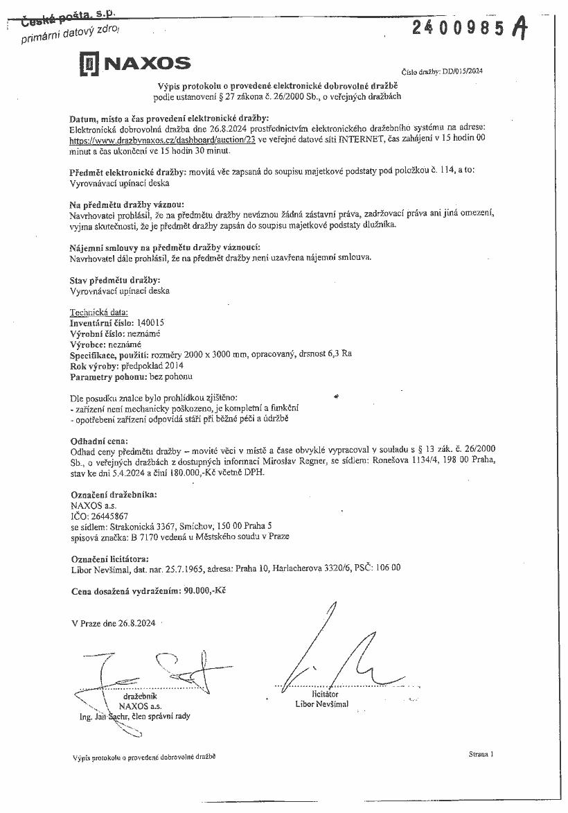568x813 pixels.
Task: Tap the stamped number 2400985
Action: pyautogui.click(x=460, y=28)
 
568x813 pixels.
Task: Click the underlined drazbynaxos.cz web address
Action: pyautogui.click(x=163, y=139)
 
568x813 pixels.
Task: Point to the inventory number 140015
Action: pyautogui.click(x=151, y=323)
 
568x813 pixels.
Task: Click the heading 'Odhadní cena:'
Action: pyautogui.click(x=99, y=441)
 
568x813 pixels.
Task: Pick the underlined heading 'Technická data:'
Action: pyautogui.click(x=99, y=313)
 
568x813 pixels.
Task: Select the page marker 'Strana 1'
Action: pyautogui.click(x=480, y=754)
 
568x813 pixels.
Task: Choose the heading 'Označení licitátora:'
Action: pyautogui.click(x=109, y=559)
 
